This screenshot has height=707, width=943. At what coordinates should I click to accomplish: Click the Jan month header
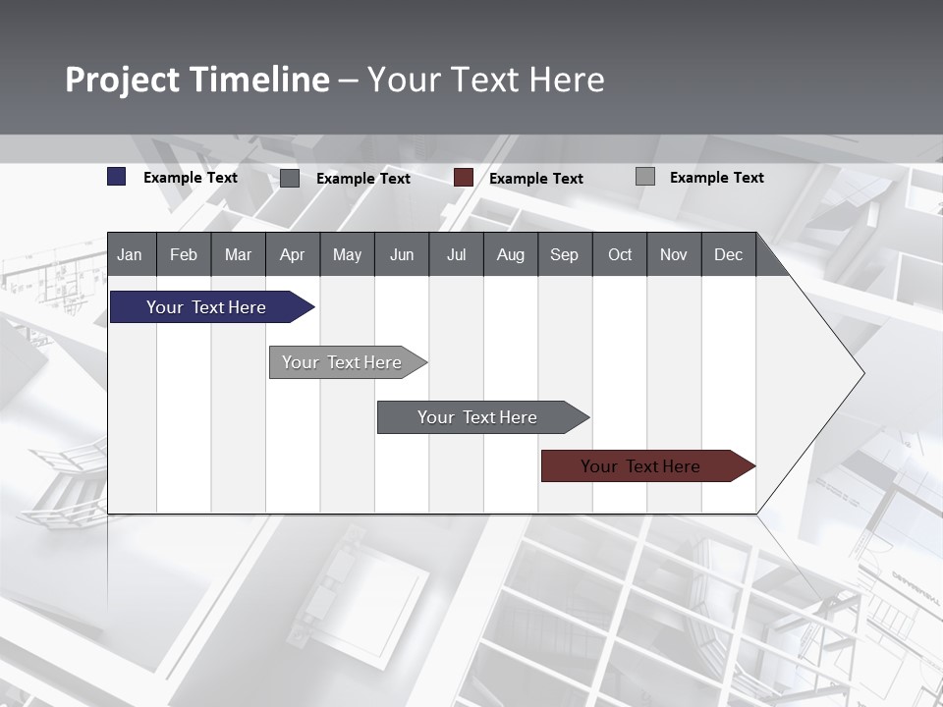(130, 254)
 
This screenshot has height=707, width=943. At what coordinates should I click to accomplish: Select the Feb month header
(184, 254)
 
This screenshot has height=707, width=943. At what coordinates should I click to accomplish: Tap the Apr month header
(292, 254)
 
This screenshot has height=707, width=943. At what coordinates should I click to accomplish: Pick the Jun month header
(402, 254)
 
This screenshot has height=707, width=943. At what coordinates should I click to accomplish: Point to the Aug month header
(510, 254)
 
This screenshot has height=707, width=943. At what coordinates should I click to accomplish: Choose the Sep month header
(564, 254)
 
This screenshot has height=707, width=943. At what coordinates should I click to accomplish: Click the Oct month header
(620, 254)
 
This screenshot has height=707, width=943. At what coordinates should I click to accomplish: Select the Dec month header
(728, 254)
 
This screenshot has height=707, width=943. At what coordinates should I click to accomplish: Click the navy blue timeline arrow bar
(206, 307)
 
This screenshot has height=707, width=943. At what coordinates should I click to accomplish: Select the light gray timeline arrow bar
(342, 362)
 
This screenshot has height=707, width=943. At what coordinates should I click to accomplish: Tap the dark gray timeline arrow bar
(477, 417)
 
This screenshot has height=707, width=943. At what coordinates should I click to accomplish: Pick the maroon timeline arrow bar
(640, 466)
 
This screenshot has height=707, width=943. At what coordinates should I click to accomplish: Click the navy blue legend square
(117, 177)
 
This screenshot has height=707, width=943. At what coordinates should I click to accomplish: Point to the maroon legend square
(464, 178)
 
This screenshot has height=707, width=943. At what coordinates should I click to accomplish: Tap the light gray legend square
(645, 177)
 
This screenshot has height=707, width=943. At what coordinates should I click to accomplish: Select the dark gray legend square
(290, 178)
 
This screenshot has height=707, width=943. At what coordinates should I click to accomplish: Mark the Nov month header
(673, 254)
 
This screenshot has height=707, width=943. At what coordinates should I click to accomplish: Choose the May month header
(347, 254)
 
